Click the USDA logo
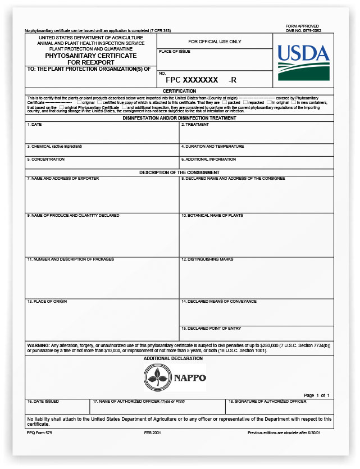(303, 61)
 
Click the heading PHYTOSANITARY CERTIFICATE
(91, 56)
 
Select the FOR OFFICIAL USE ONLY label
(215, 42)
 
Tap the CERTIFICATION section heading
(179, 91)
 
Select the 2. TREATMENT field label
(195, 125)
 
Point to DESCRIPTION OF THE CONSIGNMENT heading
(179, 172)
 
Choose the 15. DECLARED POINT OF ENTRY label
(211, 328)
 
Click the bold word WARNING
(38, 344)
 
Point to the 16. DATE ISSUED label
(43, 402)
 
